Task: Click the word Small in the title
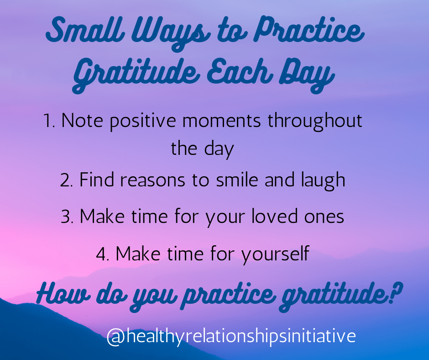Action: [x=85, y=30]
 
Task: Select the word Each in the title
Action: [x=240, y=71]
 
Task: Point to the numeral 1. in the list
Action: [x=49, y=121]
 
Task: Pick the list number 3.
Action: [x=67, y=217]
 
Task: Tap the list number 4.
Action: [x=103, y=254]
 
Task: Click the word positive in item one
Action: [x=143, y=122]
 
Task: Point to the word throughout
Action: [x=315, y=122]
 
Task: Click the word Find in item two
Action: [x=97, y=180]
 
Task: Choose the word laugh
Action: [x=323, y=181]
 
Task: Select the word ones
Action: [x=324, y=218]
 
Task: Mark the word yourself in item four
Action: [x=275, y=255]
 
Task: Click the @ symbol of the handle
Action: [x=116, y=337]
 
